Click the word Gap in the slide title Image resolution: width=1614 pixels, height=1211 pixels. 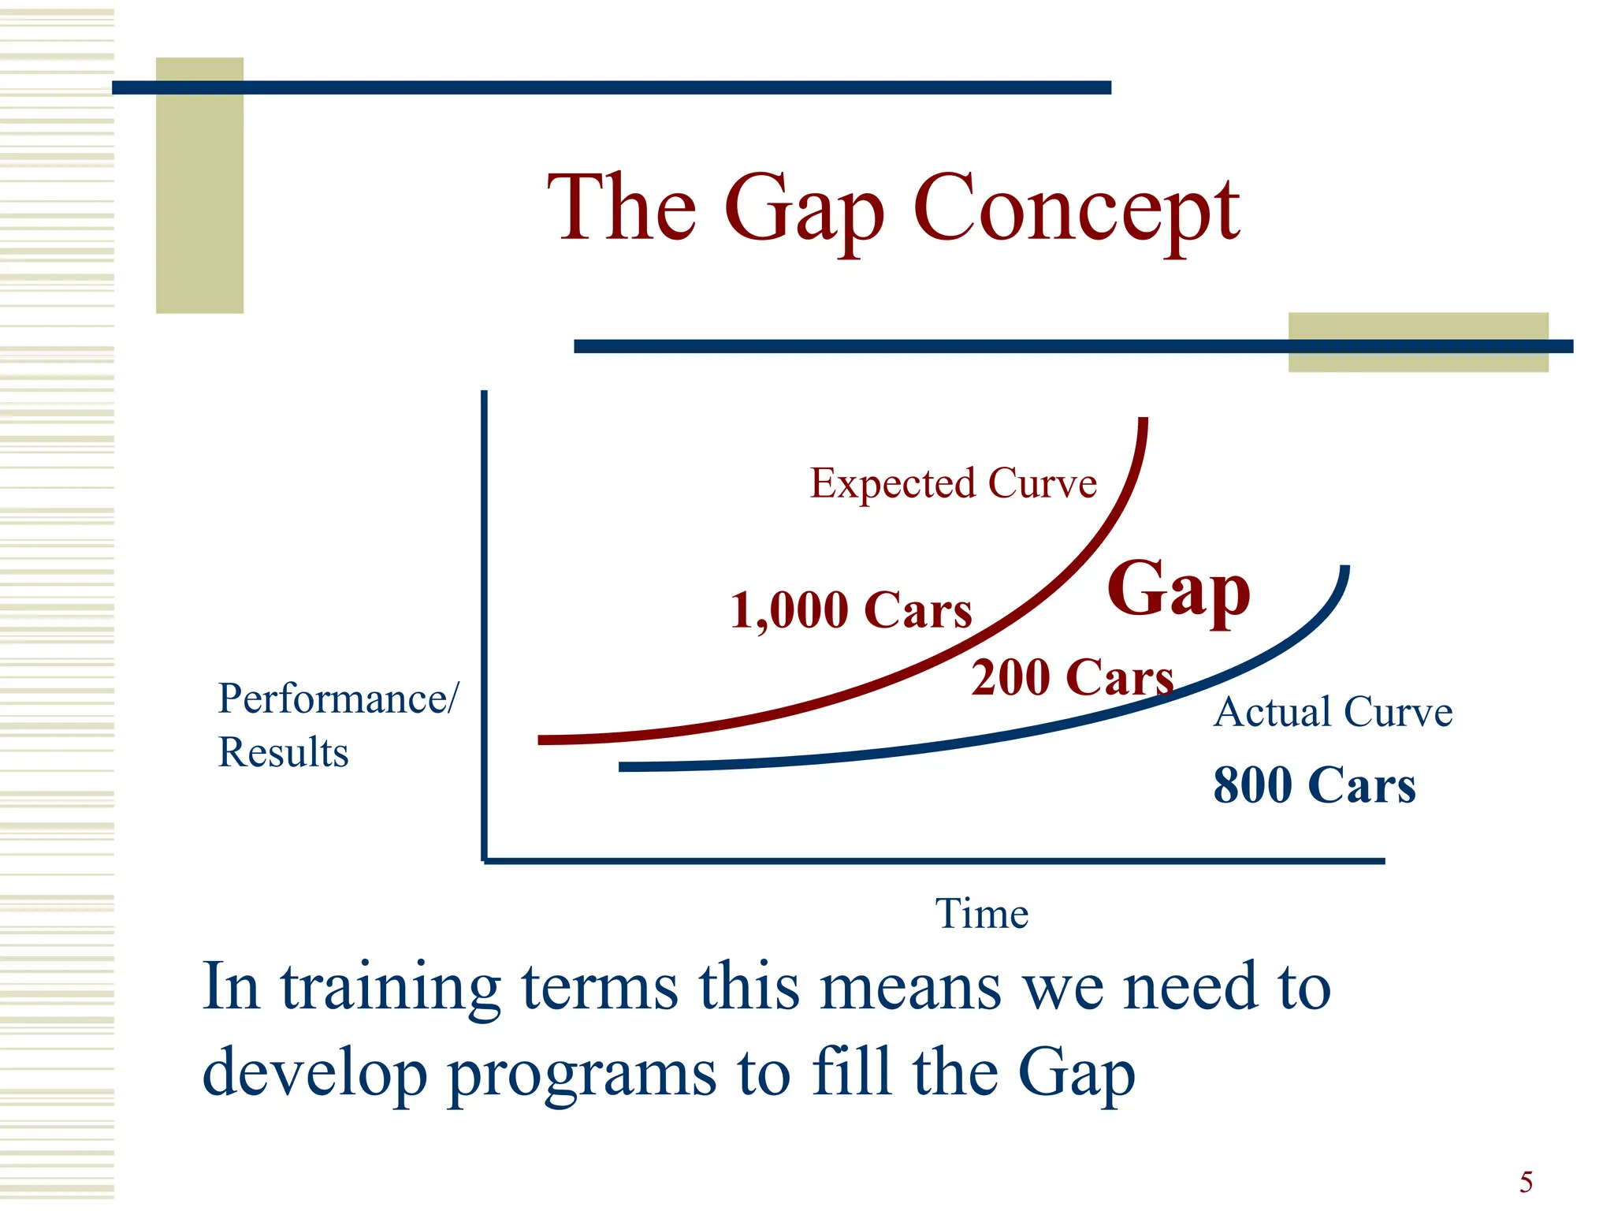coord(804,211)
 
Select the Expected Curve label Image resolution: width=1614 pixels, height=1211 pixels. coord(953,483)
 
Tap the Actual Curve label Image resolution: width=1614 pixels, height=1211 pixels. coord(1333,712)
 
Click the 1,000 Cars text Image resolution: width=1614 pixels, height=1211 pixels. coord(851,610)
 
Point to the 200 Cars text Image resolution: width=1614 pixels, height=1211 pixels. coord(1072,677)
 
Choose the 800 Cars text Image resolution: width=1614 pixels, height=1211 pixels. coord(1314,785)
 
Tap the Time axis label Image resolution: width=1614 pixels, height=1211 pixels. coord(981,914)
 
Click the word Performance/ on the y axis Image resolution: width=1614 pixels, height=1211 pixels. coord(337,699)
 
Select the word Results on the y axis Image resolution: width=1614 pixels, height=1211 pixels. coord(283,752)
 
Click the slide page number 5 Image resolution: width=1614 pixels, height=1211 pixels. coord(1526,1182)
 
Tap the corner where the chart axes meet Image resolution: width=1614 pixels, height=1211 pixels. coord(484,860)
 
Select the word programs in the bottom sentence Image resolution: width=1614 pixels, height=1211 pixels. coord(582,1074)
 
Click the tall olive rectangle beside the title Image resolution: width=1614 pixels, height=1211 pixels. coord(199,185)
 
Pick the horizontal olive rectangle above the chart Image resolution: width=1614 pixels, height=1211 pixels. coord(1418,342)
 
